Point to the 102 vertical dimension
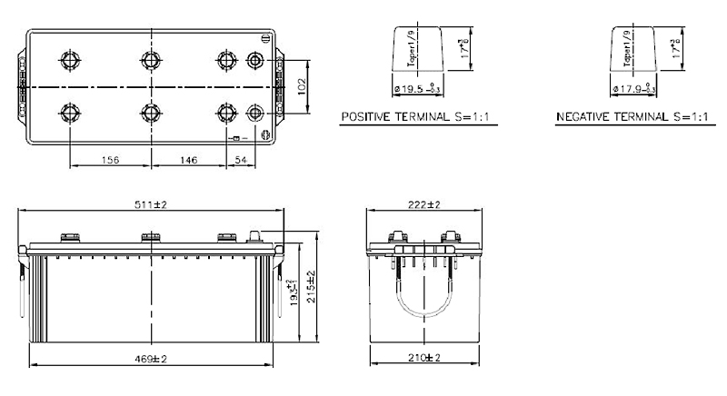(303, 86)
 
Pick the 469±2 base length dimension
(152, 359)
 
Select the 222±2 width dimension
(423, 206)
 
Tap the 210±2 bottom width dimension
(423, 359)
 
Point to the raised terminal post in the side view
(257, 237)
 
